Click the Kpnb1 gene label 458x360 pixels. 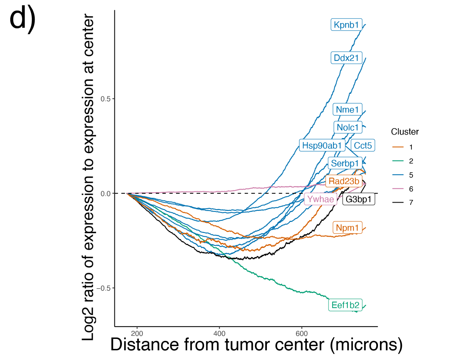[346, 25]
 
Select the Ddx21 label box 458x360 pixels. [346, 58]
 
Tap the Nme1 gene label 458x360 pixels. [347, 109]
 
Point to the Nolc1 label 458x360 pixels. [347, 127]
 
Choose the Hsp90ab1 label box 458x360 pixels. [322, 146]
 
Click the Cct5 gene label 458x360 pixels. [363, 146]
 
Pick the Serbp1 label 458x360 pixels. [345, 163]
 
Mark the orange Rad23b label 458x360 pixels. [344, 181]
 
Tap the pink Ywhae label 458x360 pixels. [320, 199]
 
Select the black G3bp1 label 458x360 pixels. [358, 199]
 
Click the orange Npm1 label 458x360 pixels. [347, 228]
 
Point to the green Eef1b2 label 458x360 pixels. [345, 305]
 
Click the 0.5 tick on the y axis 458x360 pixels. [105, 99]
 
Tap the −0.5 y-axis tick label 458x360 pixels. [103, 288]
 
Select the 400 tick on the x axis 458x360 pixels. [219, 334]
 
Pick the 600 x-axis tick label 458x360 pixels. [302, 334]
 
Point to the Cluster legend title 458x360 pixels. [405, 132]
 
